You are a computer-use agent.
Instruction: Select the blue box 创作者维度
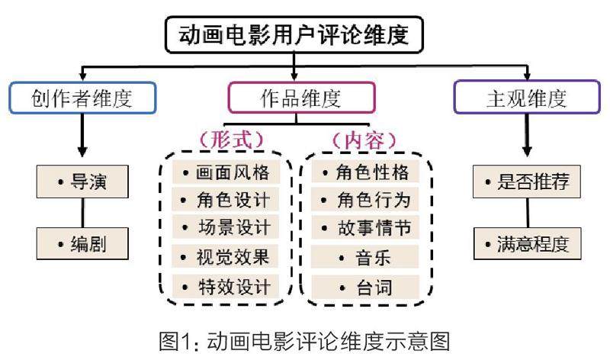[82, 98]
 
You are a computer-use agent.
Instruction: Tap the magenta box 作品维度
[301, 98]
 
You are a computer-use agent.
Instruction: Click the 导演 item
[82, 183]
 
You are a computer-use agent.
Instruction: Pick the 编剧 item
[82, 244]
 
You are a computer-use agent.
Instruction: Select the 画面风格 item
[226, 172]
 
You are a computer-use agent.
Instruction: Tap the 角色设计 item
[226, 200]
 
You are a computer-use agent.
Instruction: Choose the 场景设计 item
[226, 228]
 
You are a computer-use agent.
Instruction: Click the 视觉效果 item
[226, 257]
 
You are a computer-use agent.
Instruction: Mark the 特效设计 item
[226, 287]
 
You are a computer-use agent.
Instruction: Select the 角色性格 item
[368, 172]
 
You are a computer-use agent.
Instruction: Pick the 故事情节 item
[368, 228]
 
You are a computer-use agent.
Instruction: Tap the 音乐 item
[368, 258]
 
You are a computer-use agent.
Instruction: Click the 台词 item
[368, 288]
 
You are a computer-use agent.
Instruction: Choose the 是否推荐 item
[527, 184]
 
